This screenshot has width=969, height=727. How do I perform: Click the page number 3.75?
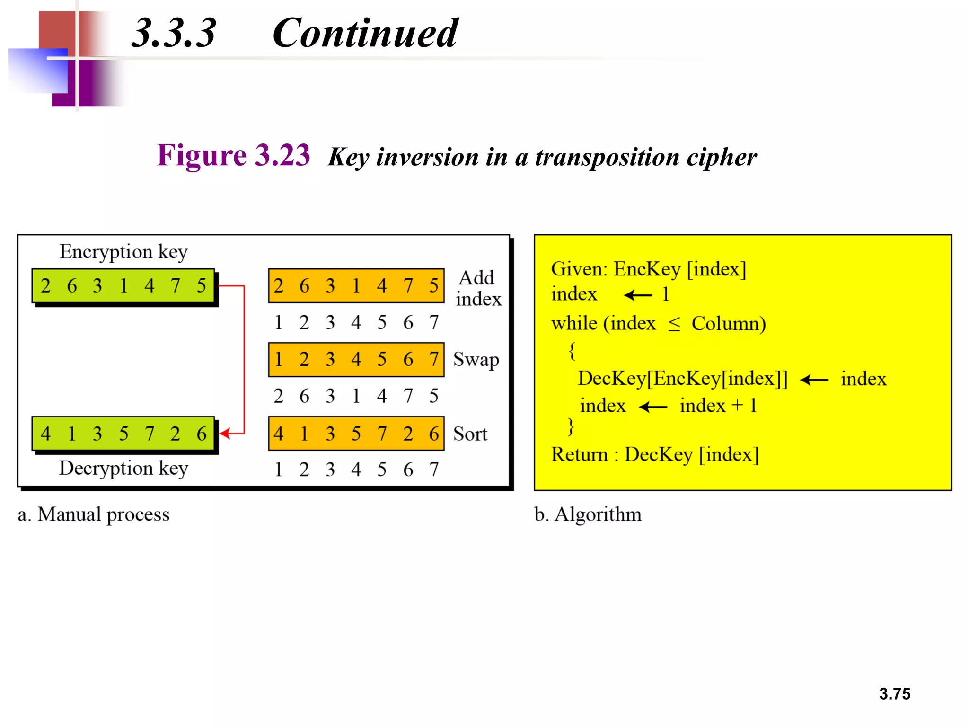pyautogui.click(x=894, y=693)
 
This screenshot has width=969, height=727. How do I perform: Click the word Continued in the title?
pyautogui.click(x=365, y=33)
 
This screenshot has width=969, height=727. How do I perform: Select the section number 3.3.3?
pyautogui.click(x=174, y=33)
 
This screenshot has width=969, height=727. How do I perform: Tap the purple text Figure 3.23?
pyautogui.click(x=233, y=155)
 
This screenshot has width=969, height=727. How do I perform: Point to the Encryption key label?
pyautogui.click(x=123, y=252)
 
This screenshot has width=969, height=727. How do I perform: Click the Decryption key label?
pyautogui.click(x=123, y=469)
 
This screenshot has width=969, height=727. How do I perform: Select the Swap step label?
pyautogui.click(x=476, y=360)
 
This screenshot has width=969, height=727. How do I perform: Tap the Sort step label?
pyautogui.click(x=470, y=434)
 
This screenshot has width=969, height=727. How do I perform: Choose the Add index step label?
pyautogui.click(x=478, y=288)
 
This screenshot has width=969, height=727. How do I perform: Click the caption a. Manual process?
pyautogui.click(x=94, y=514)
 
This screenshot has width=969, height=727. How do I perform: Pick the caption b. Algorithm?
pyautogui.click(x=588, y=514)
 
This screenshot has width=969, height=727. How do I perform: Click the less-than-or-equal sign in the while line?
pyautogui.click(x=674, y=324)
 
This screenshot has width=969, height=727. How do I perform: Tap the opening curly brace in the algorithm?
pyautogui.click(x=572, y=351)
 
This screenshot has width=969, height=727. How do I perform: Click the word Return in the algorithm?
pyautogui.click(x=579, y=454)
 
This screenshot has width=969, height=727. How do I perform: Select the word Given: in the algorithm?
pyautogui.click(x=579, y=269)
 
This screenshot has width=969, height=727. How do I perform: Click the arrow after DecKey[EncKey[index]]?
pyautogui.click(x=814, y=380)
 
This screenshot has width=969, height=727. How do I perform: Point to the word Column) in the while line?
pyautogui.click(x=729, y=324)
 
